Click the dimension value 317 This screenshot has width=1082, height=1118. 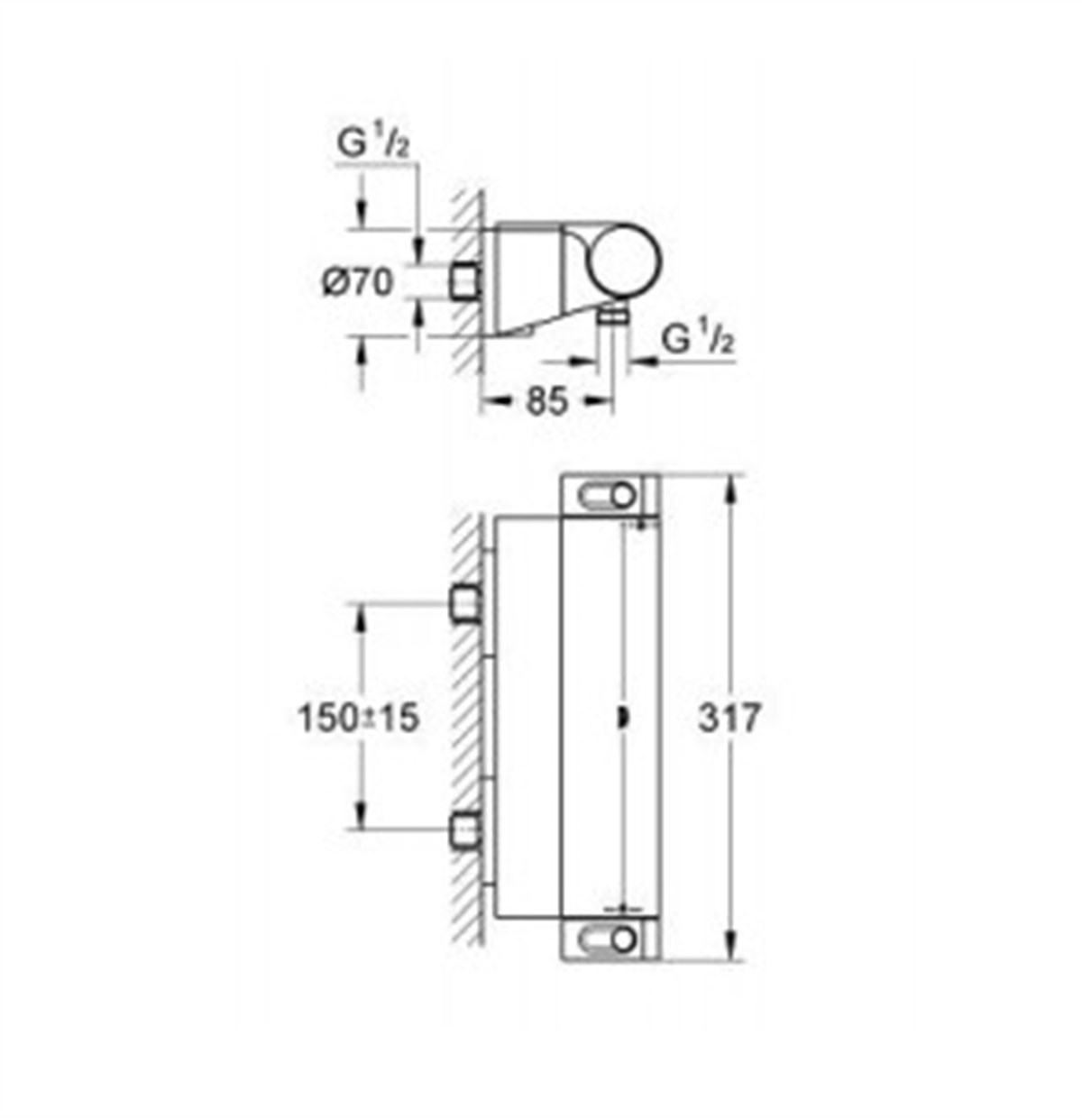coord(731,719)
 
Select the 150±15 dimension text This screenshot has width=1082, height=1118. coord(358,719)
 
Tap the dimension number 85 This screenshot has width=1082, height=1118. coord(547,401)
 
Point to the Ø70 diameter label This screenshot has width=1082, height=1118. coord(358,283)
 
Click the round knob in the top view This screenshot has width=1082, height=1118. coord(626,259)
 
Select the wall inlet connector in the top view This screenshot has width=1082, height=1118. coord(465,281)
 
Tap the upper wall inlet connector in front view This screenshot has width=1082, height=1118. coord(465,603)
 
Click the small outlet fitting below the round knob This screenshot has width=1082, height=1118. coord(616,315)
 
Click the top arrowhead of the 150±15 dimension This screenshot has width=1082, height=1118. coord(362,616)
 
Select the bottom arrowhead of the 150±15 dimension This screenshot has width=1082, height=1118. coord(362,816)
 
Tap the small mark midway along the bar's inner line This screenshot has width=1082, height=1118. coord(621,719)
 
